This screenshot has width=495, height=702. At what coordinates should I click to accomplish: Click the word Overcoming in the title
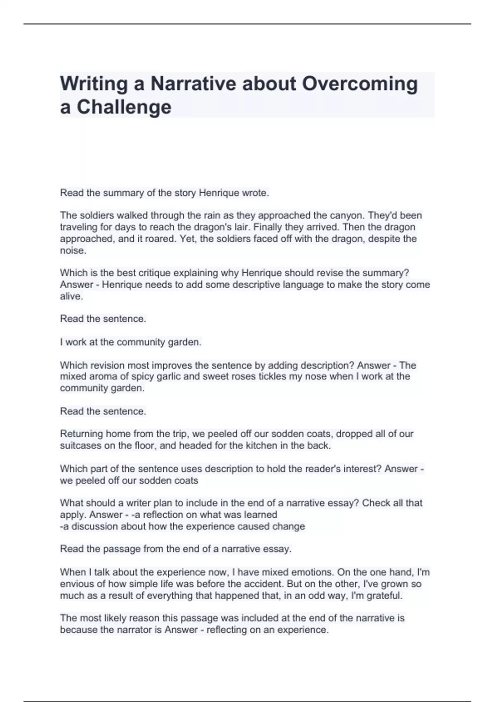[360, 84]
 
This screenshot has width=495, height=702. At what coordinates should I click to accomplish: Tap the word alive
[71, 296]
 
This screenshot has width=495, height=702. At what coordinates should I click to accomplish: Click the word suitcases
[81, 446]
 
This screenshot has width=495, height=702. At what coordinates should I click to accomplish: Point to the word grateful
[384, 595]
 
